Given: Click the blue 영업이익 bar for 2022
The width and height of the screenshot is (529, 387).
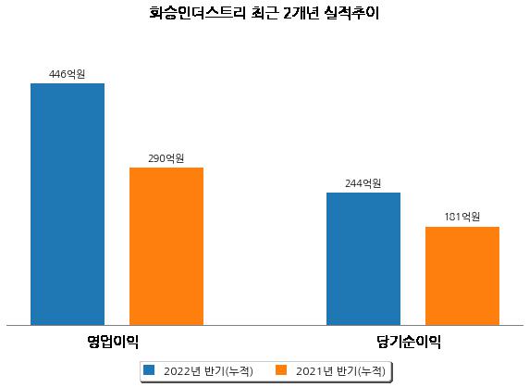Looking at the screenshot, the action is [68, 205].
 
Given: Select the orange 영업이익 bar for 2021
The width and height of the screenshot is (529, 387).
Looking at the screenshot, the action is [166, 246].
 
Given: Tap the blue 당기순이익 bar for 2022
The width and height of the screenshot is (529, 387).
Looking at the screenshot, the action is [363, 259].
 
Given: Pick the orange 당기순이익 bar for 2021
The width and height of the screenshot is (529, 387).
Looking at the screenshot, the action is [462, 276].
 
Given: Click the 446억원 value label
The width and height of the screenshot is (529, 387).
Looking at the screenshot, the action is [67, 74].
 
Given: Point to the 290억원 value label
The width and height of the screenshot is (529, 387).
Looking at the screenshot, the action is [166, 158].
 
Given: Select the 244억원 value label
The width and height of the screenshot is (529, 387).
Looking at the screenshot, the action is [363, 183].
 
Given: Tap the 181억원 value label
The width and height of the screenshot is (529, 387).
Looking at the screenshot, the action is [462, 217].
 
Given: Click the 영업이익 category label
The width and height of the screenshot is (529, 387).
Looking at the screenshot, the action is [113, 342].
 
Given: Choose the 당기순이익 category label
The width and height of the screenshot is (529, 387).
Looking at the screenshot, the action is [409, 342].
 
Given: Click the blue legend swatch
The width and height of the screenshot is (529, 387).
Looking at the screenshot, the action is [149, 369].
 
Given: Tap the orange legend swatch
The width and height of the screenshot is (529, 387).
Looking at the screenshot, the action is [281, 369].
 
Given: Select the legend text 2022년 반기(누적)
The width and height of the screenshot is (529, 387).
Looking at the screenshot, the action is [208, 370].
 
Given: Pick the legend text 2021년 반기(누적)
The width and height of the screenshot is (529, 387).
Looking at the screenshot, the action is [340, 370].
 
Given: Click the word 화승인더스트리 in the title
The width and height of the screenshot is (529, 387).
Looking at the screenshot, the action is [197, 13].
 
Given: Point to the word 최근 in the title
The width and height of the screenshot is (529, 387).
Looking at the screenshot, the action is [265, 13].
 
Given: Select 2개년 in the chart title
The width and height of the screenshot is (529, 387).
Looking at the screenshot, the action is [301, 13].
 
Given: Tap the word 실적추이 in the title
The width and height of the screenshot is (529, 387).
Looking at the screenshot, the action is [351, 13].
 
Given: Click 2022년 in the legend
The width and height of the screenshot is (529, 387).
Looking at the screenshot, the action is [182, 370].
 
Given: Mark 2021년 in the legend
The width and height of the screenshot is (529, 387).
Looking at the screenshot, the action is [314, 370].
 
